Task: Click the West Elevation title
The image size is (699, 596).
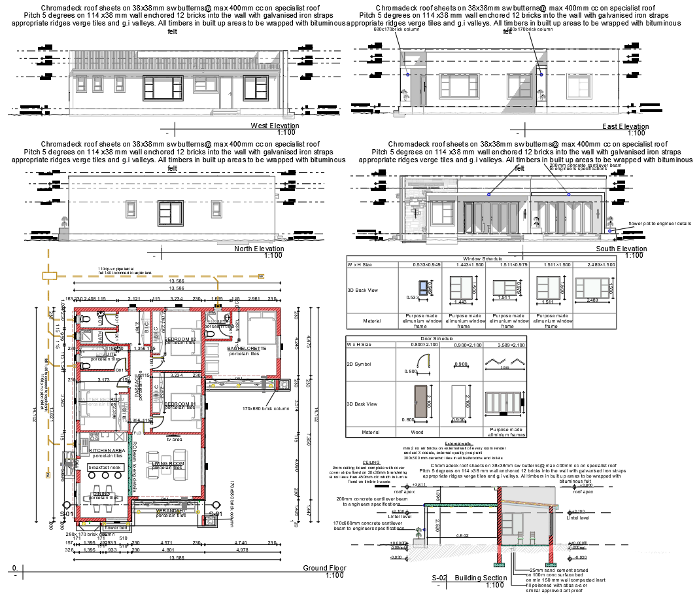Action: pyautogui.click(x=275, y=126)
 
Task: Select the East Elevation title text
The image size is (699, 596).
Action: pyautogui.click(x=625, y=126)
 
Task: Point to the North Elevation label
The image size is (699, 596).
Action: pyautogui.click(x=259, y=249)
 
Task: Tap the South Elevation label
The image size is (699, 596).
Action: pyautogui.click(x=621, y=249)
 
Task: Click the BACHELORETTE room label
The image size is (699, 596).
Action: pyautogui.click(x=247, y=349)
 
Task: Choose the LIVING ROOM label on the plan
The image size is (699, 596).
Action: pyautogui.click(x=168, y=464)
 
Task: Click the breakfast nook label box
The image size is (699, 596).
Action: pyautogui.click(x=106, y=467)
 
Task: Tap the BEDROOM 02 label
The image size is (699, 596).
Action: pyautogui.click(x=180, y=339)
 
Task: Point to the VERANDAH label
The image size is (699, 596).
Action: pyautogui.click(x=169, y=510)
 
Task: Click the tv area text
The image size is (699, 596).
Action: pyautogui.click(x=173, y=439)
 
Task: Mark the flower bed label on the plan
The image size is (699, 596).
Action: pyautogui.click(x=116, y=527)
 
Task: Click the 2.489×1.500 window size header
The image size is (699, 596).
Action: pyautogui.click(x=595, y=264)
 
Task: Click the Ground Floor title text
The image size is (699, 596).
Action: pyautogui.click(x=324, y=568)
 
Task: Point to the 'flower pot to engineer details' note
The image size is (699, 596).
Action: pyautogui.click(x=659, y=223)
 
